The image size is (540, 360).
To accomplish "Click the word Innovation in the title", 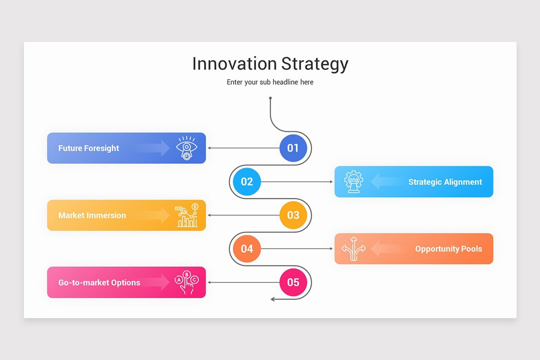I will click(x=234, y=63).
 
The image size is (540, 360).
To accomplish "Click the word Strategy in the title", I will click(x=315, y=64).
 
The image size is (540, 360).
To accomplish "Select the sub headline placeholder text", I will click(x=270, y=82).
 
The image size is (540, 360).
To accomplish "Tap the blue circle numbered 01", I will click(x=293, y=148).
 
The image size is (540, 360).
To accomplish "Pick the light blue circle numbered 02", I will click(x=247, y=182).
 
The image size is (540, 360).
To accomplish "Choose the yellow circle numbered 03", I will click(x=293, y=215).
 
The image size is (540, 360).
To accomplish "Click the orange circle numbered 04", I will click(x=247, y=249).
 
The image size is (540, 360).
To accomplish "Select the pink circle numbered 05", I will click(x=293, y=283).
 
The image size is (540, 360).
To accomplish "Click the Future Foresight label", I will click(x=89, y=148).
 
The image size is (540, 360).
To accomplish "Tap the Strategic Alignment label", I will click(x=445, y=182).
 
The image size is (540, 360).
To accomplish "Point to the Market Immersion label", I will click(x=92, y=215).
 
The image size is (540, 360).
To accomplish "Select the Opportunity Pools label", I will click(x=448, y=249).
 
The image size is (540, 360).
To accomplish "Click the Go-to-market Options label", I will click(x=99, y=283).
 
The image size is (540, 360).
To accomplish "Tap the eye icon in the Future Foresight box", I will click(x=186, y=148).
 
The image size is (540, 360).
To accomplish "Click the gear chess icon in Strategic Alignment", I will click(x=353, y=182).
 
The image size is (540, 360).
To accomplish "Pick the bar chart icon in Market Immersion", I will click(x=187, y=215).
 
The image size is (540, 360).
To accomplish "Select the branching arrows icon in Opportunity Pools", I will click(x=353, y=249).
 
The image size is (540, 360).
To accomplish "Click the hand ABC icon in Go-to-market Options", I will click(x=186, y=283).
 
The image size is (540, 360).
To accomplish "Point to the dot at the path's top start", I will click(x=270, y=98).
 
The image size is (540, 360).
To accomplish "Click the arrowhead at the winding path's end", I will click(x=273, y=299).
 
